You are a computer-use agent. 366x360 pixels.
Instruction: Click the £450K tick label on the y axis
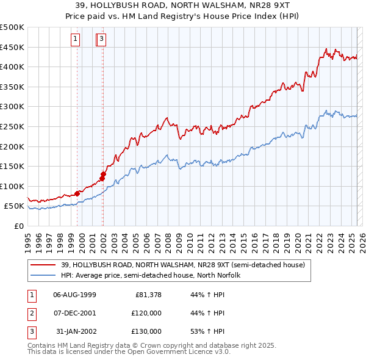click(12, 47)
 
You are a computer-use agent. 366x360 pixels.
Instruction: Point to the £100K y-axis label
click(12, 186)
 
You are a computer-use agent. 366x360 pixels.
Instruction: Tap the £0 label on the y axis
click(19, 226)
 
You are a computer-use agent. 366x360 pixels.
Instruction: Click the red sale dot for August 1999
click(77, 193)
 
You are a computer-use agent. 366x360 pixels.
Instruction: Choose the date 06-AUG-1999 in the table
click(74, 295)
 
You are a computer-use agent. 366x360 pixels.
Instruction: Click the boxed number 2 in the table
click(30, 313)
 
